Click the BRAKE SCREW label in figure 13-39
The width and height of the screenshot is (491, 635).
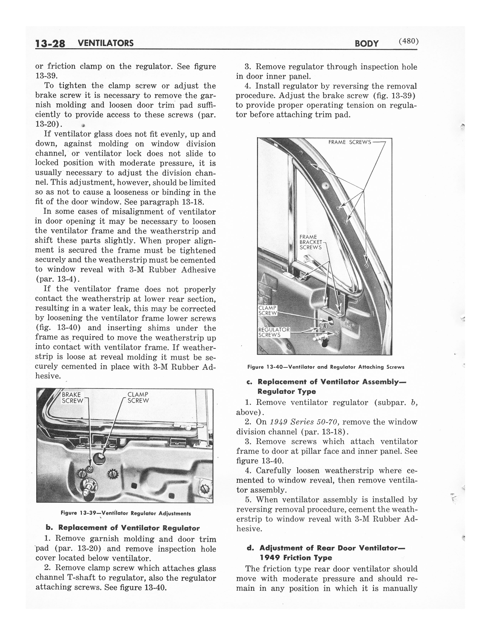(72, 398)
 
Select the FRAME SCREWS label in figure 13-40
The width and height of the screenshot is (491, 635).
(350, 142)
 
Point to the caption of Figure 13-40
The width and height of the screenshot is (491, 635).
(325, 367)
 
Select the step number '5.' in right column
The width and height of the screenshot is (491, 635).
(249, 500)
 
